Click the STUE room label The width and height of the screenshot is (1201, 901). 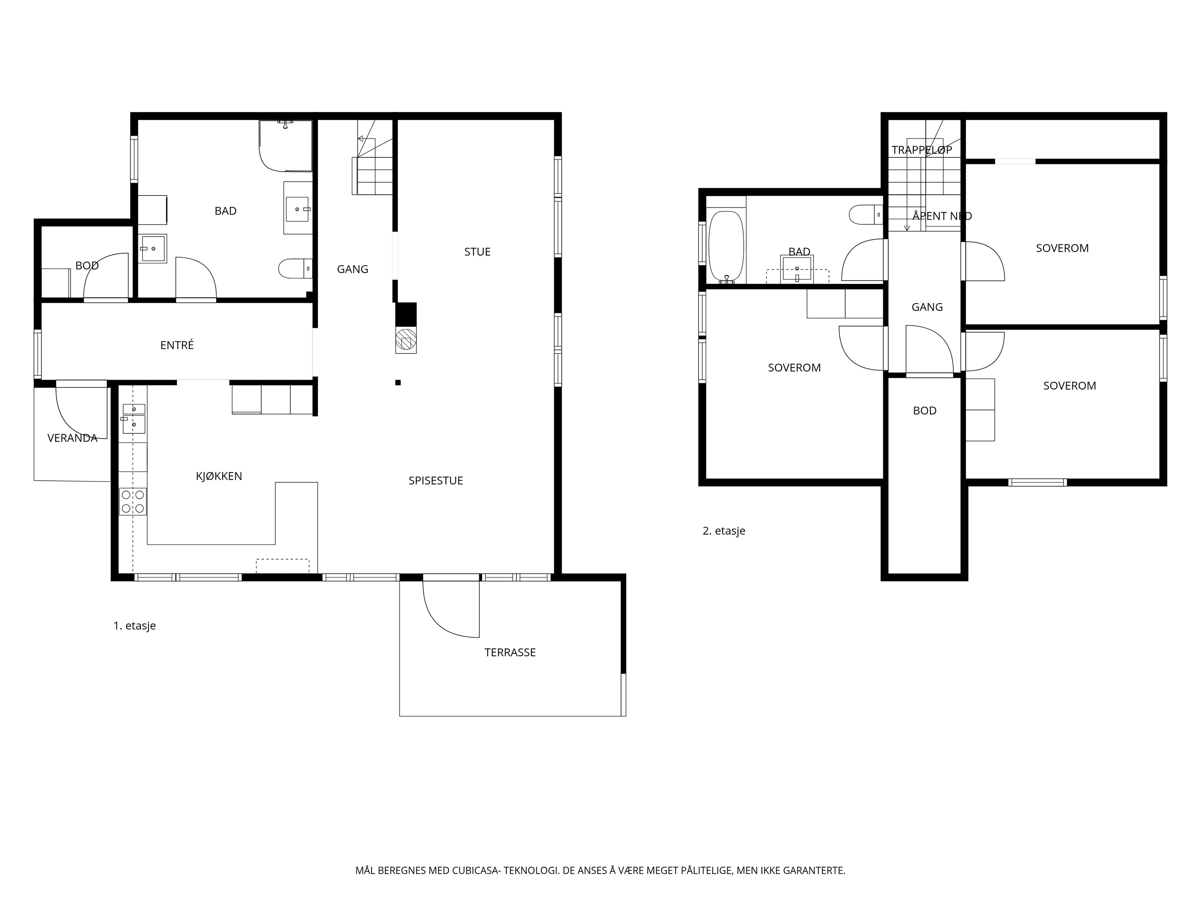coord(477,252)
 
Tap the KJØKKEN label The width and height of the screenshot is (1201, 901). coord(219,476)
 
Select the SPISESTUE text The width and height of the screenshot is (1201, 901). coord(435,481)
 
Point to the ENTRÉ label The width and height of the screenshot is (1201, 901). coord(177,345)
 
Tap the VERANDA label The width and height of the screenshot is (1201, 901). coord(72,438)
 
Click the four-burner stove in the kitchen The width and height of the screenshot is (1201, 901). coord(133,501)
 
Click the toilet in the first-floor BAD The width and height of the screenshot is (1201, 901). coord(295,268)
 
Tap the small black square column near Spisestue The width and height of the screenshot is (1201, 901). coord(398,382)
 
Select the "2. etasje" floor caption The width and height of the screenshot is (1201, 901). coord(724,531)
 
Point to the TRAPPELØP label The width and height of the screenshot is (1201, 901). coord(922,150)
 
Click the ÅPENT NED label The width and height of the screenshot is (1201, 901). coord(942,216)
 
